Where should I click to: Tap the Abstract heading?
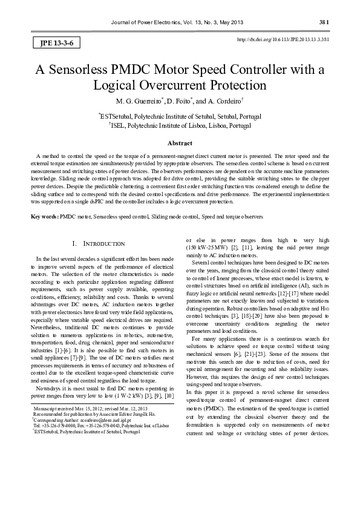[x=180, y=143]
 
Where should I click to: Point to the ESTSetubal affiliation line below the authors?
[x=180, y=115]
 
